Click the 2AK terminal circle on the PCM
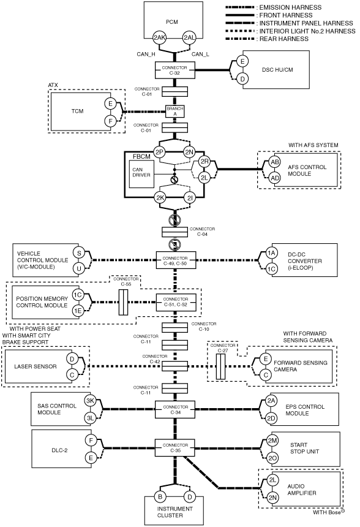pyautogui.click(x=160, y=37)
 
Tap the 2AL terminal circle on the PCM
pyautogui.click(x=189, y=37)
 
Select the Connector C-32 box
pyautogui.click(x=175, y=70)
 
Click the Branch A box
pyautogui.click(x=175, y=112)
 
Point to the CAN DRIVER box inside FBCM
pyautogui.click(x=141, y=174)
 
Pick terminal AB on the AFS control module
pyautogui.click(x=275, y=162)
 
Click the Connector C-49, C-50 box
pyautogui.click(x=175, y=260)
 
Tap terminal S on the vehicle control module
pyautogui.click(x=79, y=253)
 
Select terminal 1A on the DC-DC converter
pyautogui.click(x=271, y=253)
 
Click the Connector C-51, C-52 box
pyautogui.click(x=175, y=302)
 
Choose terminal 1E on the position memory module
pyautogui.click(x=78, y=311)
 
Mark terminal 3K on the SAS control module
pyautogui.click(x=91, y=401)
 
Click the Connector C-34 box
pyautogui.click(x=175, y=409)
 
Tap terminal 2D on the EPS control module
pyautogui.click(x=271, y=419)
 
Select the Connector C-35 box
pyautogui.click(x=175, y=448)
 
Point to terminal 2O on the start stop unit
pyautogui.click(x=272, y=458)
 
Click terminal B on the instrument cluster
pyautogui.click(x=160, y=497)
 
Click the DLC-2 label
pyautogui.click(x=59, y=450)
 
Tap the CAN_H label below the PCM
pyautogui.click(x=146, y=54)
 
